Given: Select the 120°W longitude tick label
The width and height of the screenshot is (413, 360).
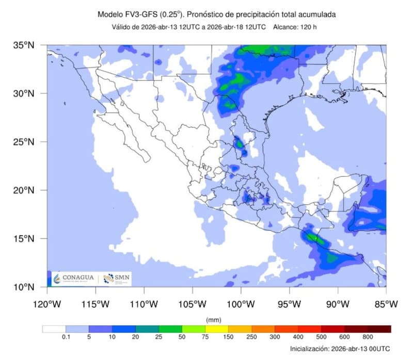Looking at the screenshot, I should [47, 304].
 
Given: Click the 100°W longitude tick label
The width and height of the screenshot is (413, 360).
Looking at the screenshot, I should [241, 304].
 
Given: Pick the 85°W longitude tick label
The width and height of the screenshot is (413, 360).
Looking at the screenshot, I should [386, 304].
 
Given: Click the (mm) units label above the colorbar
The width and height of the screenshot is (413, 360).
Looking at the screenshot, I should [213, 320].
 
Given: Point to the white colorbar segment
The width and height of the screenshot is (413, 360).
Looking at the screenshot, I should [54, 329].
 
